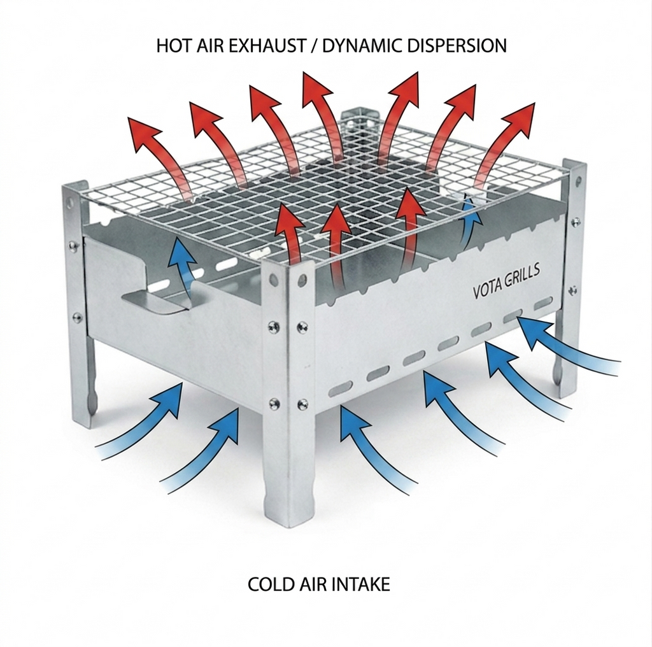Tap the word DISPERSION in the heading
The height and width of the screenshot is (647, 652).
click(456, 46)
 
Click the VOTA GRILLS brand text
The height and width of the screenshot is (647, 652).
click(506, 283)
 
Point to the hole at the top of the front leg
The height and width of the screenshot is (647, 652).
click(273, 278)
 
